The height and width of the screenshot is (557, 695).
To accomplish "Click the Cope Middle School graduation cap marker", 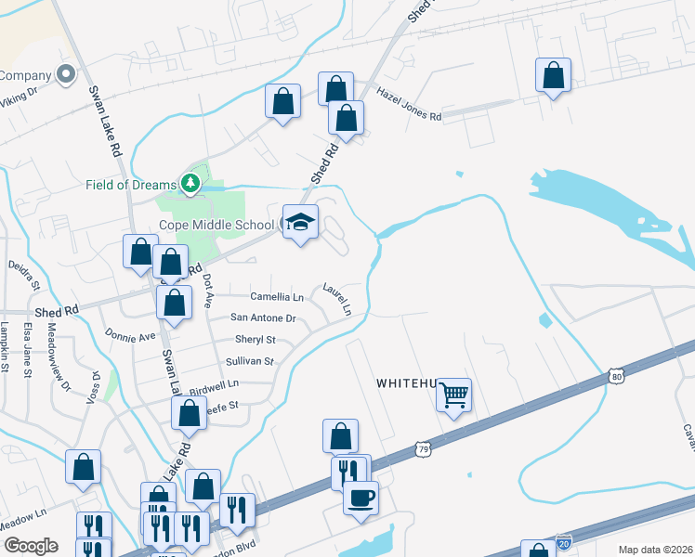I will [299, 222].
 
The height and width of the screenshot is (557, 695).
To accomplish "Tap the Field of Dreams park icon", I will [190, 184].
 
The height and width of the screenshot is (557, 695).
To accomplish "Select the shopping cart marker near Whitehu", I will [453, 395].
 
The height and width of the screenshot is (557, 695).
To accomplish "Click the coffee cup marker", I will [361, 496].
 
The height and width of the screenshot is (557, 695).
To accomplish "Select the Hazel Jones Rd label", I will [409, 104].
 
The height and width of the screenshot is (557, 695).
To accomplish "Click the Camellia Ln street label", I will [277, 297].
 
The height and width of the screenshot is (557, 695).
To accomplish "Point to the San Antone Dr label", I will [263, 317].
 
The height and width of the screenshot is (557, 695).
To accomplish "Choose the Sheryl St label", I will [256, 340].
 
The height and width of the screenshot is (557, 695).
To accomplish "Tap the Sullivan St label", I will [250, 361].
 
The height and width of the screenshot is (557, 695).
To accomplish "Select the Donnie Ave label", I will [130, 334].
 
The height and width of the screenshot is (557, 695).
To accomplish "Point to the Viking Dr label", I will [19, 94].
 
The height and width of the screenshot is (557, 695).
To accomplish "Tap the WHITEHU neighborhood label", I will [407, 382].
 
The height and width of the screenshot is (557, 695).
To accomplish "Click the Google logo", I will [31, 546].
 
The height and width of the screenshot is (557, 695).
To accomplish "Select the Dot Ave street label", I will [208, 291].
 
